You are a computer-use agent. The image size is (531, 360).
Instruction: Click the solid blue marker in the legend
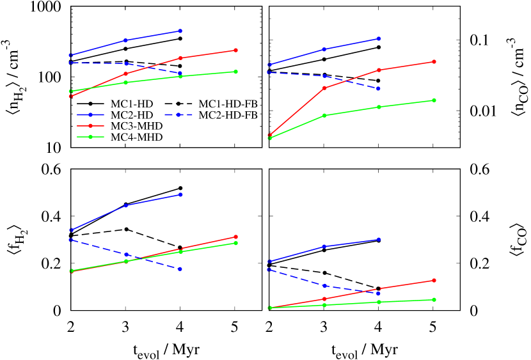tap(90, 114)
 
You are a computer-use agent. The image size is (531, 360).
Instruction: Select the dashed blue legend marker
tap(178, 114)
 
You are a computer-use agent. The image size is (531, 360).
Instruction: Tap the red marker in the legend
tap(90, 126)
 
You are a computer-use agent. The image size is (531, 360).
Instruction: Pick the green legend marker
tap(90, 137)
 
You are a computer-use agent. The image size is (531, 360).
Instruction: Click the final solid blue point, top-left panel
tap(181, 31)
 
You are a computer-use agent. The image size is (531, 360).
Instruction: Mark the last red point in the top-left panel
tap(236, 50)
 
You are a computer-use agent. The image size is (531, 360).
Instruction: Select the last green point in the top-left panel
tap(236, 72)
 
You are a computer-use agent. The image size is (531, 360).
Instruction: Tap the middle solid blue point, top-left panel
tap(126, 40)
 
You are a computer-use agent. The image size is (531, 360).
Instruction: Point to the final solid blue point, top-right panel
tap(379, 38)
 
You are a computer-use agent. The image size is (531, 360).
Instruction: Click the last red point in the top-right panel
tap(434, 61)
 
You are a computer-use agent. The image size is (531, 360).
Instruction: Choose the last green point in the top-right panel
tap(434, 100)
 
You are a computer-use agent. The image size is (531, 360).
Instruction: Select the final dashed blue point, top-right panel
tap(379, 89)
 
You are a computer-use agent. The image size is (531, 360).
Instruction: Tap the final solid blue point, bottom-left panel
tap(181, 194)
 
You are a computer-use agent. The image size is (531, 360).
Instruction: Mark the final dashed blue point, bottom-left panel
tap(181, 269)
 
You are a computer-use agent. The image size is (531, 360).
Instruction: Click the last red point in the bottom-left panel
tap(236, 237)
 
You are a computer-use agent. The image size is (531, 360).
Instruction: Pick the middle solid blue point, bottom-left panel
tap(126, 205)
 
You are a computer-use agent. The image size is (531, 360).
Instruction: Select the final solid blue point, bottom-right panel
tap(379, 239)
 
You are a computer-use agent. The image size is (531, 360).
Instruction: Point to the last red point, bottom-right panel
tap(434, 280)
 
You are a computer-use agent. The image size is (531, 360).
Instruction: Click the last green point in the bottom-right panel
tap(434, 299)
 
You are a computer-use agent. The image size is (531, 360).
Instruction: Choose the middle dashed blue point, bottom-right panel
tap(324, 286)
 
